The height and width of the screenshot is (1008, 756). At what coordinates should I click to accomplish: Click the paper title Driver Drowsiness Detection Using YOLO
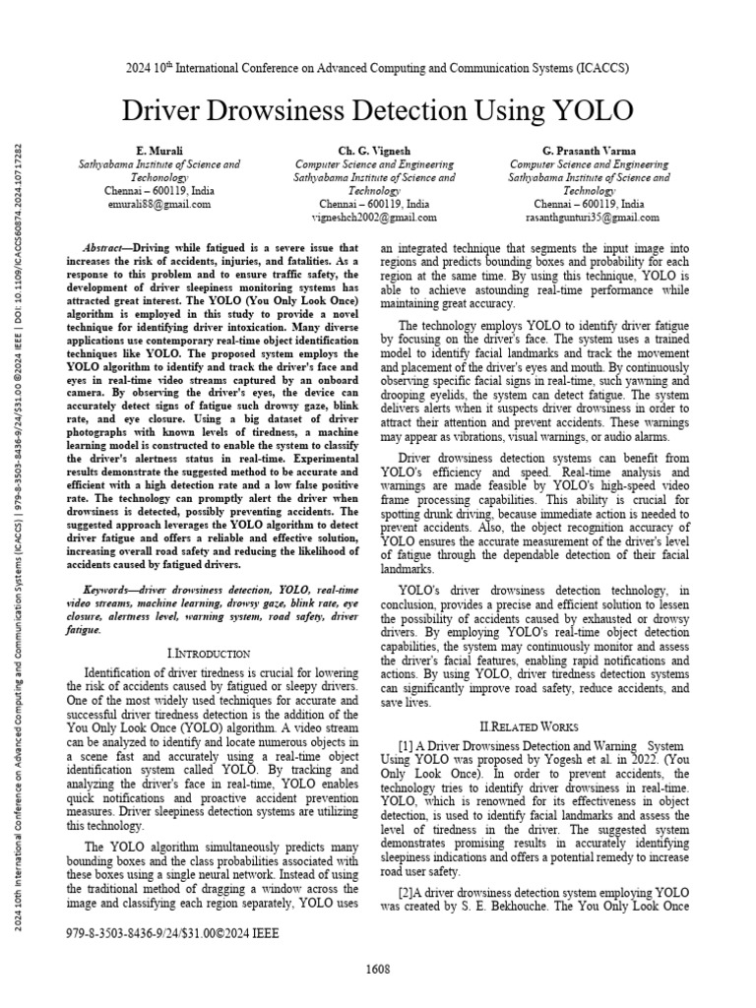coord(377,109)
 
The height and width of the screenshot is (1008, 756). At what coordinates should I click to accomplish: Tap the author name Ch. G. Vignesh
coord(375,150)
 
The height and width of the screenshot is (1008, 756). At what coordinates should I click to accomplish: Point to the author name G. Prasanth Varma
coord(590,150)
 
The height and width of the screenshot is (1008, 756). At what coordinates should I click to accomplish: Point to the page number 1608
coord(378,970)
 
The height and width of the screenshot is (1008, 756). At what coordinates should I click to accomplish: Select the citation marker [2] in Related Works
coord(406,891)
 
